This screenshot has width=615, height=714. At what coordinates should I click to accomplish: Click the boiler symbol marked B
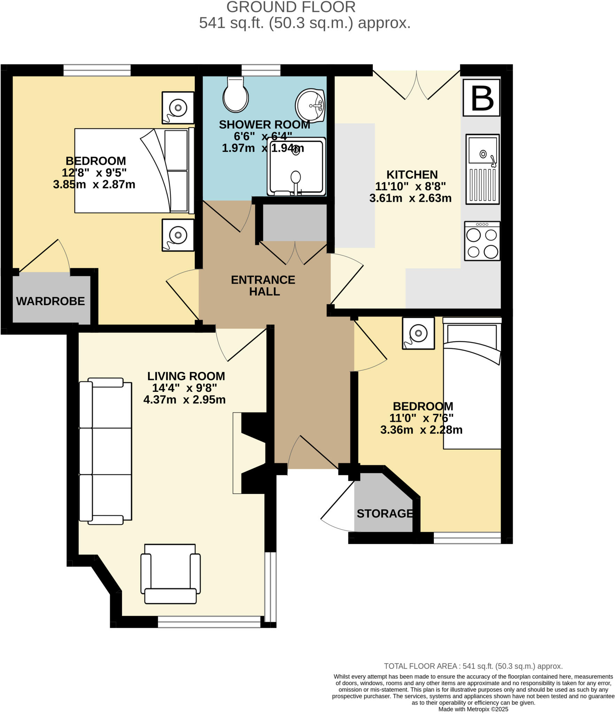pos(481,98)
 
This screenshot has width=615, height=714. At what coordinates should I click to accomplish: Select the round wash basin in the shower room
pos(310,105)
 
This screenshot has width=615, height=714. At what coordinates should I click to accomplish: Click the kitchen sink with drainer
pos(482,169)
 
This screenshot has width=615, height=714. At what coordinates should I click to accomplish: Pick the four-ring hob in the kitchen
pos(482,241)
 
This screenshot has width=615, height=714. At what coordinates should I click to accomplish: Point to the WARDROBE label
pos(51,301)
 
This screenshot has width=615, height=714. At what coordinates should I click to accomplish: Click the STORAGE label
pos(384,514)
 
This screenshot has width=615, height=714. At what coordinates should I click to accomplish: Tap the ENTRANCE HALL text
pos(263,286)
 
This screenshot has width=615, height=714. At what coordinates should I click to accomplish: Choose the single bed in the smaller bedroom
pos(472,383)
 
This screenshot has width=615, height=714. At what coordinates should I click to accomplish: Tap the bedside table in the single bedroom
pos(418,333)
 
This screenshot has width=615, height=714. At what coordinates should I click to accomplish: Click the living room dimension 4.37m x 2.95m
pos(184,400)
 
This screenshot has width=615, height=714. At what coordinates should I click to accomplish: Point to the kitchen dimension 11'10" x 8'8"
pos(410,187)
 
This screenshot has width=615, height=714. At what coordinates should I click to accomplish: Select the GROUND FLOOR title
pos(291,7)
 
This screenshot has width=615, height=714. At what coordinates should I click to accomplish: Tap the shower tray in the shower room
pos(296,167)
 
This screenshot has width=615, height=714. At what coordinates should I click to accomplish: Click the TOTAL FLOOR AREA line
pos(473,666)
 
